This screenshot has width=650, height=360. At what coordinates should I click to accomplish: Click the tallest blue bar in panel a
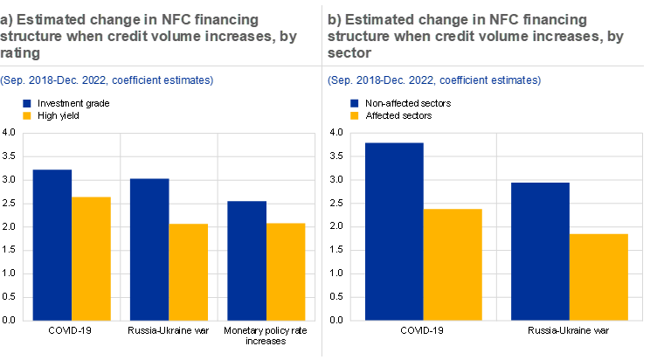(x=52, y=245)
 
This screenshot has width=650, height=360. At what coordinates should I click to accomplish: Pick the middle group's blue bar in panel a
(x=149, y=249)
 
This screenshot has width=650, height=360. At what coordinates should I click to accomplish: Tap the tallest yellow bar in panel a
(x=91, y=258)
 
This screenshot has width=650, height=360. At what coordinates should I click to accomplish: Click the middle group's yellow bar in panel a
(x=189, y=272)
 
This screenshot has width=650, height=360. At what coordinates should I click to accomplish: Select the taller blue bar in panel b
(x=394, y=231)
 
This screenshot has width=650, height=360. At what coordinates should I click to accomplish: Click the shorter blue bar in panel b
(x=540, y=251)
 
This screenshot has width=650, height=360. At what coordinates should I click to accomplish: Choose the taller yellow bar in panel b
(x=453, y=264)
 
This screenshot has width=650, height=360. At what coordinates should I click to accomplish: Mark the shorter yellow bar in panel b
(x=599, y=276)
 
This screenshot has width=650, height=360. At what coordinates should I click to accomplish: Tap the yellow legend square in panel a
(x=27, y=115)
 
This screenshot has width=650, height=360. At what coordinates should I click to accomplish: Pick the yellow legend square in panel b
(x=355, y=115)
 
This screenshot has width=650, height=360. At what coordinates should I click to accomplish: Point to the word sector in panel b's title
(x=348, y=53)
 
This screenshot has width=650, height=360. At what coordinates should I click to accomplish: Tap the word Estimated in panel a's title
(x=45, y=18)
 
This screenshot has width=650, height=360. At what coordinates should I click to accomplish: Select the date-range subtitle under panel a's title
(x=107, y=80)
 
